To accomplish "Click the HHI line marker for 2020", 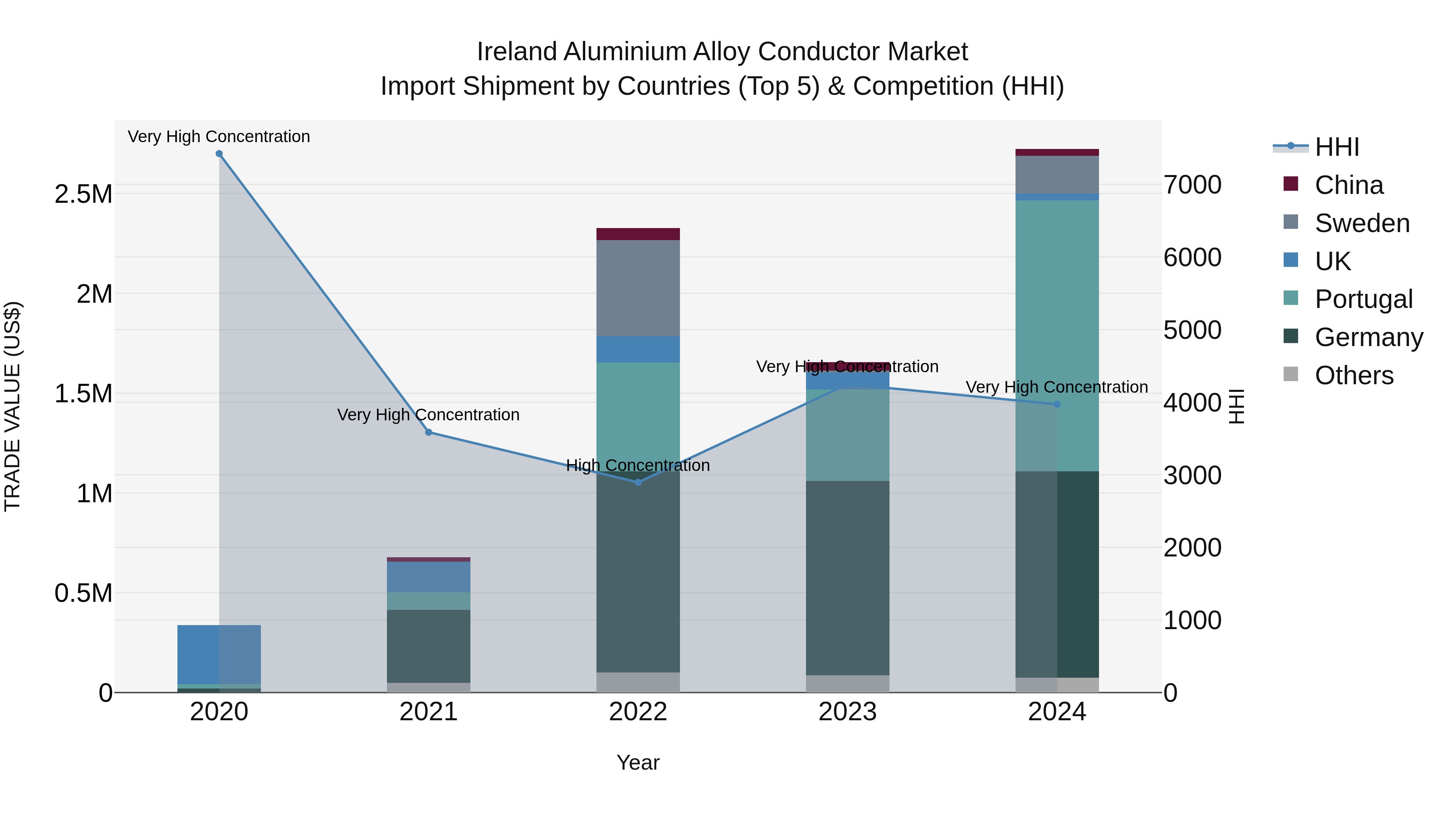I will (x=219, y=154).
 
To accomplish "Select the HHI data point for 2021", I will (x=429, y=432).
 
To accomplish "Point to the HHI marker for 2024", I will (x=1057, y=404).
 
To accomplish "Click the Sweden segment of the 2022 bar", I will (x=638, y=288).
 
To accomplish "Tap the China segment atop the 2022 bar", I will (x=638, y=234).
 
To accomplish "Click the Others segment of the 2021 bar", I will (x=429, y=687).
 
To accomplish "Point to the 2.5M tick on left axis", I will (x=83, y=194).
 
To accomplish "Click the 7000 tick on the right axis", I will (x=1193, y=185).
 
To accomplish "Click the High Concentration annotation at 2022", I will (x=638, y=465).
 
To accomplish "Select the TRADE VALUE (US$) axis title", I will (x=12, y=406).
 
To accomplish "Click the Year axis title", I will (x=638, y=762).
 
